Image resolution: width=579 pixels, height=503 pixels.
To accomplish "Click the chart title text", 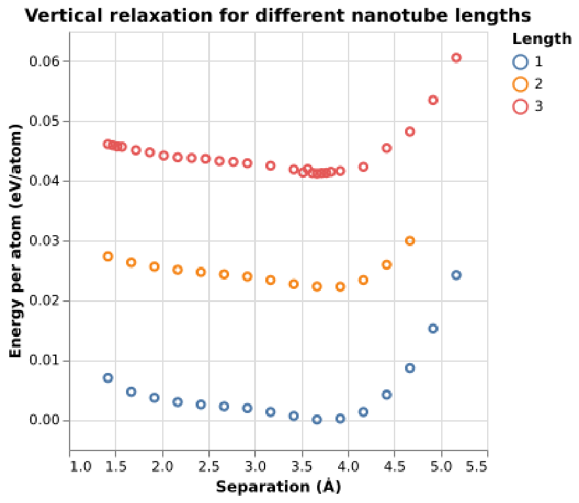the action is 278,16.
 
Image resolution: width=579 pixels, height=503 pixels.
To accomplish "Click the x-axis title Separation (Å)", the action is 278,487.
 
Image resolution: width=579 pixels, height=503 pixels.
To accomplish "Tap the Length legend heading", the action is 542,39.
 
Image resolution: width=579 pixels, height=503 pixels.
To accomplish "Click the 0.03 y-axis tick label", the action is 45,241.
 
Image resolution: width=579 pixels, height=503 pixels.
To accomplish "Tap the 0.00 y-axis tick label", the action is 45,420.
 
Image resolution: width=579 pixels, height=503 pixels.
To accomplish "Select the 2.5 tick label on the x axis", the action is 209,467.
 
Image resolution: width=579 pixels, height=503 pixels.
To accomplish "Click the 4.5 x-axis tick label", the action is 395,467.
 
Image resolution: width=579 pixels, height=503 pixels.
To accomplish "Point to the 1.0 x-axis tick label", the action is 81,467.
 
